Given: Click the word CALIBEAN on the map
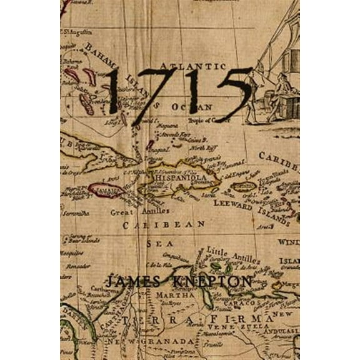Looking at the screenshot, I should (x=164, y=224).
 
